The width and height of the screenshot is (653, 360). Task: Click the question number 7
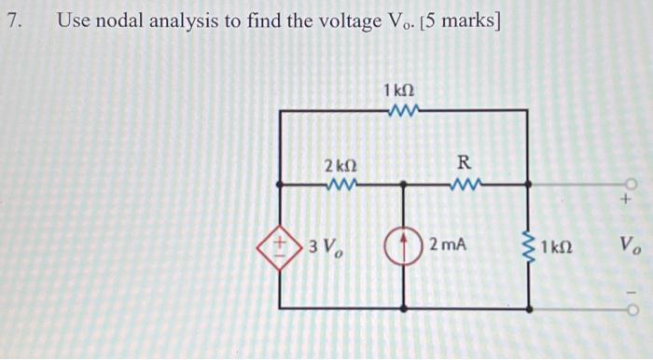point(11,20)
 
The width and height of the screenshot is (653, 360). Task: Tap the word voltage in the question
point(339,20)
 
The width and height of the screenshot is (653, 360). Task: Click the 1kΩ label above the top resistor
point(399,90)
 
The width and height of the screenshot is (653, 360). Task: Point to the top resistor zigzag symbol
point(403,111)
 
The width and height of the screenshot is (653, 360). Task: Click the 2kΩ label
point(340,166)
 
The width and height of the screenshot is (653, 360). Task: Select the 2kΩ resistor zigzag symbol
point(340,184)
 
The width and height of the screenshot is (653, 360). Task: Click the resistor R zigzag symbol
point(464,184)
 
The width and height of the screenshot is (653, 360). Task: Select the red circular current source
point(403,247)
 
